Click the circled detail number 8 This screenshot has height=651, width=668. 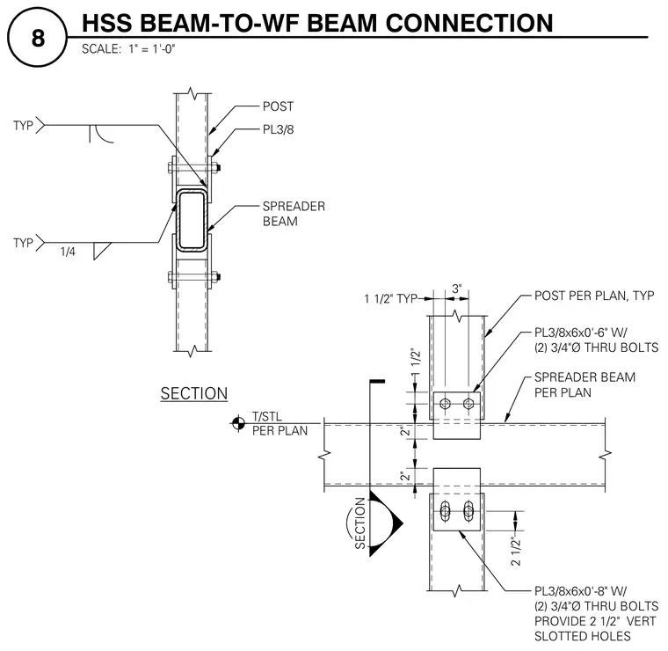click(38, 38)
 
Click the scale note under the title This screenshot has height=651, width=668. click(128, 49)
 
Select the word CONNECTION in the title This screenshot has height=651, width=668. click(469, 24)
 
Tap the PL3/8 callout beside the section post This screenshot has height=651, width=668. click(279, 129)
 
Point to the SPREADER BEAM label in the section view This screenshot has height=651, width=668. click(294, 214)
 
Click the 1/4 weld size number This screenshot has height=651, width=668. click(68, 252)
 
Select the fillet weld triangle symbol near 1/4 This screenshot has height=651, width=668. click(102, 251)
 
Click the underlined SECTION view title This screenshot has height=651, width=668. click(194, 393)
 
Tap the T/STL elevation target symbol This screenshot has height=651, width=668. click(237, 423)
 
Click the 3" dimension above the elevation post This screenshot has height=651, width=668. click(457, 289)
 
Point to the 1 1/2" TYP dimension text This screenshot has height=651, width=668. click(390, 298)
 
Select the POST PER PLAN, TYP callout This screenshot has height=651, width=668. click(594, 296)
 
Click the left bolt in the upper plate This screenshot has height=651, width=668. click(446, 403)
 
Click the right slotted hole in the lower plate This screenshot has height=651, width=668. click(468, 511)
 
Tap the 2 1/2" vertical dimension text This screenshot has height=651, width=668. click(515, 552)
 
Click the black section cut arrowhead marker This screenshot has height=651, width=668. click(385, 523)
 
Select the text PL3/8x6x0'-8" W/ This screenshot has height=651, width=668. click(581, 591)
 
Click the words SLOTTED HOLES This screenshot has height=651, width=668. click(583, 636)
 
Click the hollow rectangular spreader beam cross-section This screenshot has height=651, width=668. click(192, 220)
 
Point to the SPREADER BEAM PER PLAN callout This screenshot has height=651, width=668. click(584, 384)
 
